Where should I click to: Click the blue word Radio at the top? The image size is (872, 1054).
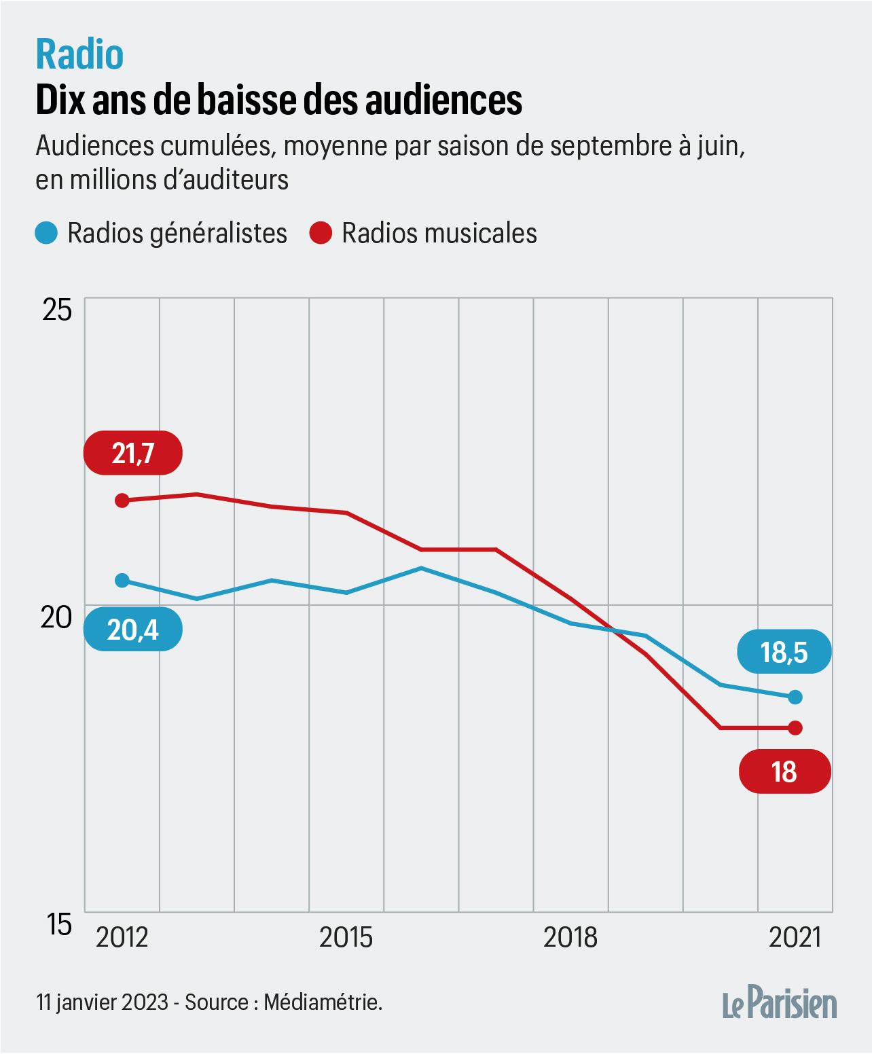[79, 54]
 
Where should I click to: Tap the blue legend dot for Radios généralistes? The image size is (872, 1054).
[46, 233]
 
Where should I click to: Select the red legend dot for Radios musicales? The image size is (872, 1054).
[321, 233]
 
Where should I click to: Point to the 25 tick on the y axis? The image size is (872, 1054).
[57, 310]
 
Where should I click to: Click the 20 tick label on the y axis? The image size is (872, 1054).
[56, 617]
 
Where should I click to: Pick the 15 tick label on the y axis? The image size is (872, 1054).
[59, 924]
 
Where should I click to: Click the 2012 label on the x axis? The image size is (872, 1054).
[122, 937]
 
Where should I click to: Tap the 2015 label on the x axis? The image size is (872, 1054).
[346, 937]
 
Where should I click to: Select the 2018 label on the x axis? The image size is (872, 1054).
[570, 937]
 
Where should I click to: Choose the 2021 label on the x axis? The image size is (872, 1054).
[795, 937]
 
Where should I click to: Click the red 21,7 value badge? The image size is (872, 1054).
[133, 453]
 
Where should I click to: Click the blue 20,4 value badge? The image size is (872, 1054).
[133, 630]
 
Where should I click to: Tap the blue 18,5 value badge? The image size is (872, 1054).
[784, 652]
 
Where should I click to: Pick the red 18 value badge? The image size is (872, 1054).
[784, 771]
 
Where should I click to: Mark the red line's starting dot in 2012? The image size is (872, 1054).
[122, 501]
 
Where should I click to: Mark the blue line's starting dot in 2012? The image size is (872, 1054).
[122, 580]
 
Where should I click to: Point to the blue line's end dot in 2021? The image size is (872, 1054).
[795, 697]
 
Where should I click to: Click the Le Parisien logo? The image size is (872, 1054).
[780, 1003]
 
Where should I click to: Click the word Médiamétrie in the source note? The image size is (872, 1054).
[323, 1002]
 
